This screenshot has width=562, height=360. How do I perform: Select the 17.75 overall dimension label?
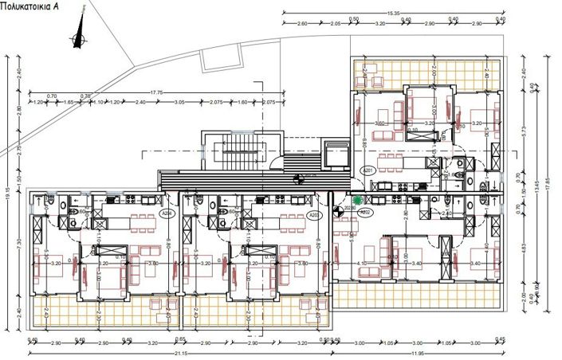tap(156, 92)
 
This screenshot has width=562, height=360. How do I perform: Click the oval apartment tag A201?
tap(367, 170)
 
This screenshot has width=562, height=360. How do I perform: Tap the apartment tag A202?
tap(367, 213)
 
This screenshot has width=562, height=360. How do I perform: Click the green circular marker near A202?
tap(358, 201)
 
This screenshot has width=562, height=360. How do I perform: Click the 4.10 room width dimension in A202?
tap(363, 263)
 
